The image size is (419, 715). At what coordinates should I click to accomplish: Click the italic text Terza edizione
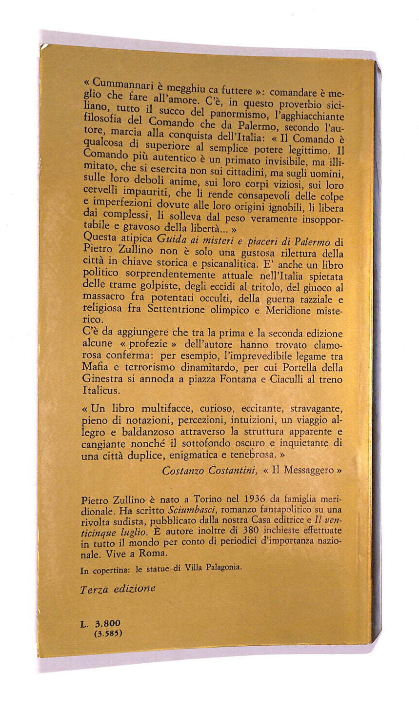(x=118, y=589)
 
